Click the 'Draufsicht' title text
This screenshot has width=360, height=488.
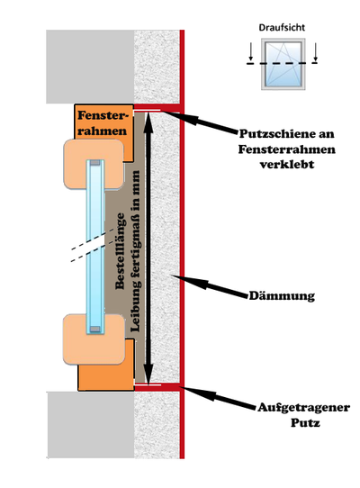282,28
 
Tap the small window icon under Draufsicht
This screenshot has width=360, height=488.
283,64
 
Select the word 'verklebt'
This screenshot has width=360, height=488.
287,164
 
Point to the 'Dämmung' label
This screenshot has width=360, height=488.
282,295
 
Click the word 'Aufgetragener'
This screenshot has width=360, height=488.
303,407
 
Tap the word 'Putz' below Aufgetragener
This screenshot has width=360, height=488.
305,423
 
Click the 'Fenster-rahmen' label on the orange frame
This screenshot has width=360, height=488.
103,123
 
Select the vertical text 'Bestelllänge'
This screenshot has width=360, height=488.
120,251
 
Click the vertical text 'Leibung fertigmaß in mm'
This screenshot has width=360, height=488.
135,251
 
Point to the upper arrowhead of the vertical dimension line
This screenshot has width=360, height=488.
148,120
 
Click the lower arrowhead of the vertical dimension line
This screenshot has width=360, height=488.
148,376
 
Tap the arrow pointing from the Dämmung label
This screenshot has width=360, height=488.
211,285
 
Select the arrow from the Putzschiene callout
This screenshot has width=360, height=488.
201,122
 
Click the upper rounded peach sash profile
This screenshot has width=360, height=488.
94,164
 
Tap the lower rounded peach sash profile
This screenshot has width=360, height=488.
94,339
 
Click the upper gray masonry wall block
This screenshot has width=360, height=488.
90,67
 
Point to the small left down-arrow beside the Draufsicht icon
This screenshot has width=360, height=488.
251,51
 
